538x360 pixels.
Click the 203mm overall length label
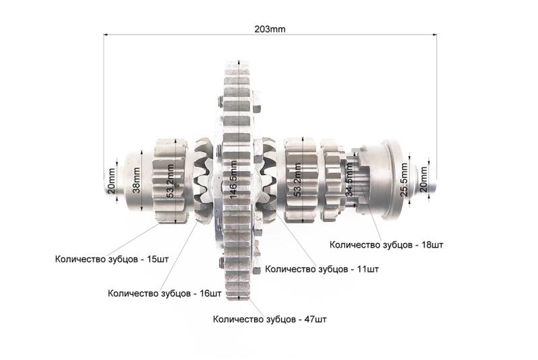point(270,29)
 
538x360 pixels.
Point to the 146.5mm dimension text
point(233,180)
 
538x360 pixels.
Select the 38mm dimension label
point(137,180)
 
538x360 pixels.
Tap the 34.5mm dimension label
point(349,180)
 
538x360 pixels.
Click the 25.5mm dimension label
point(404,180)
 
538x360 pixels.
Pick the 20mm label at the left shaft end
point(112,181)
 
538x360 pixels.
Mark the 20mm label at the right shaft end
point(424,179)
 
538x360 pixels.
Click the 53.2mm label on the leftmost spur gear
point(170,181)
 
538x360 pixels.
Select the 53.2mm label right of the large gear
point(298,180)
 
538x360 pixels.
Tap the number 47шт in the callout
point(315,319)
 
